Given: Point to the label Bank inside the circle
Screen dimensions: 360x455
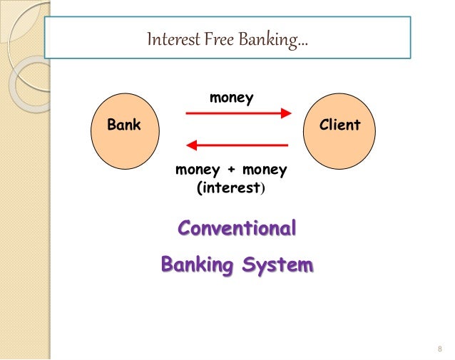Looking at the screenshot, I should point(124,125).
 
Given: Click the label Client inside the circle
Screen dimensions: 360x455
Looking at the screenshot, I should point(341,125).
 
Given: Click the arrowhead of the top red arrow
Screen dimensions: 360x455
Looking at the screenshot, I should point(286,113).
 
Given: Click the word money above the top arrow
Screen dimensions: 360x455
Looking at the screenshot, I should point(231,98).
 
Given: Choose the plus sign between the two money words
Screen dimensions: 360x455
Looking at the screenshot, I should point(231,170).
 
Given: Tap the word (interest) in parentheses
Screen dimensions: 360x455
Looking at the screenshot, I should point(230,188).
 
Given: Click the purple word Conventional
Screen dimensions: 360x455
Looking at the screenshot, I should point(237,230).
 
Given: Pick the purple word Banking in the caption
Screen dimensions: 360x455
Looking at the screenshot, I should point(197,265).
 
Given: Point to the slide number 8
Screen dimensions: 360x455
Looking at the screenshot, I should point(439,349).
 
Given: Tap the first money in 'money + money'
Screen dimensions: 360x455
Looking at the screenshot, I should point(198,170).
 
